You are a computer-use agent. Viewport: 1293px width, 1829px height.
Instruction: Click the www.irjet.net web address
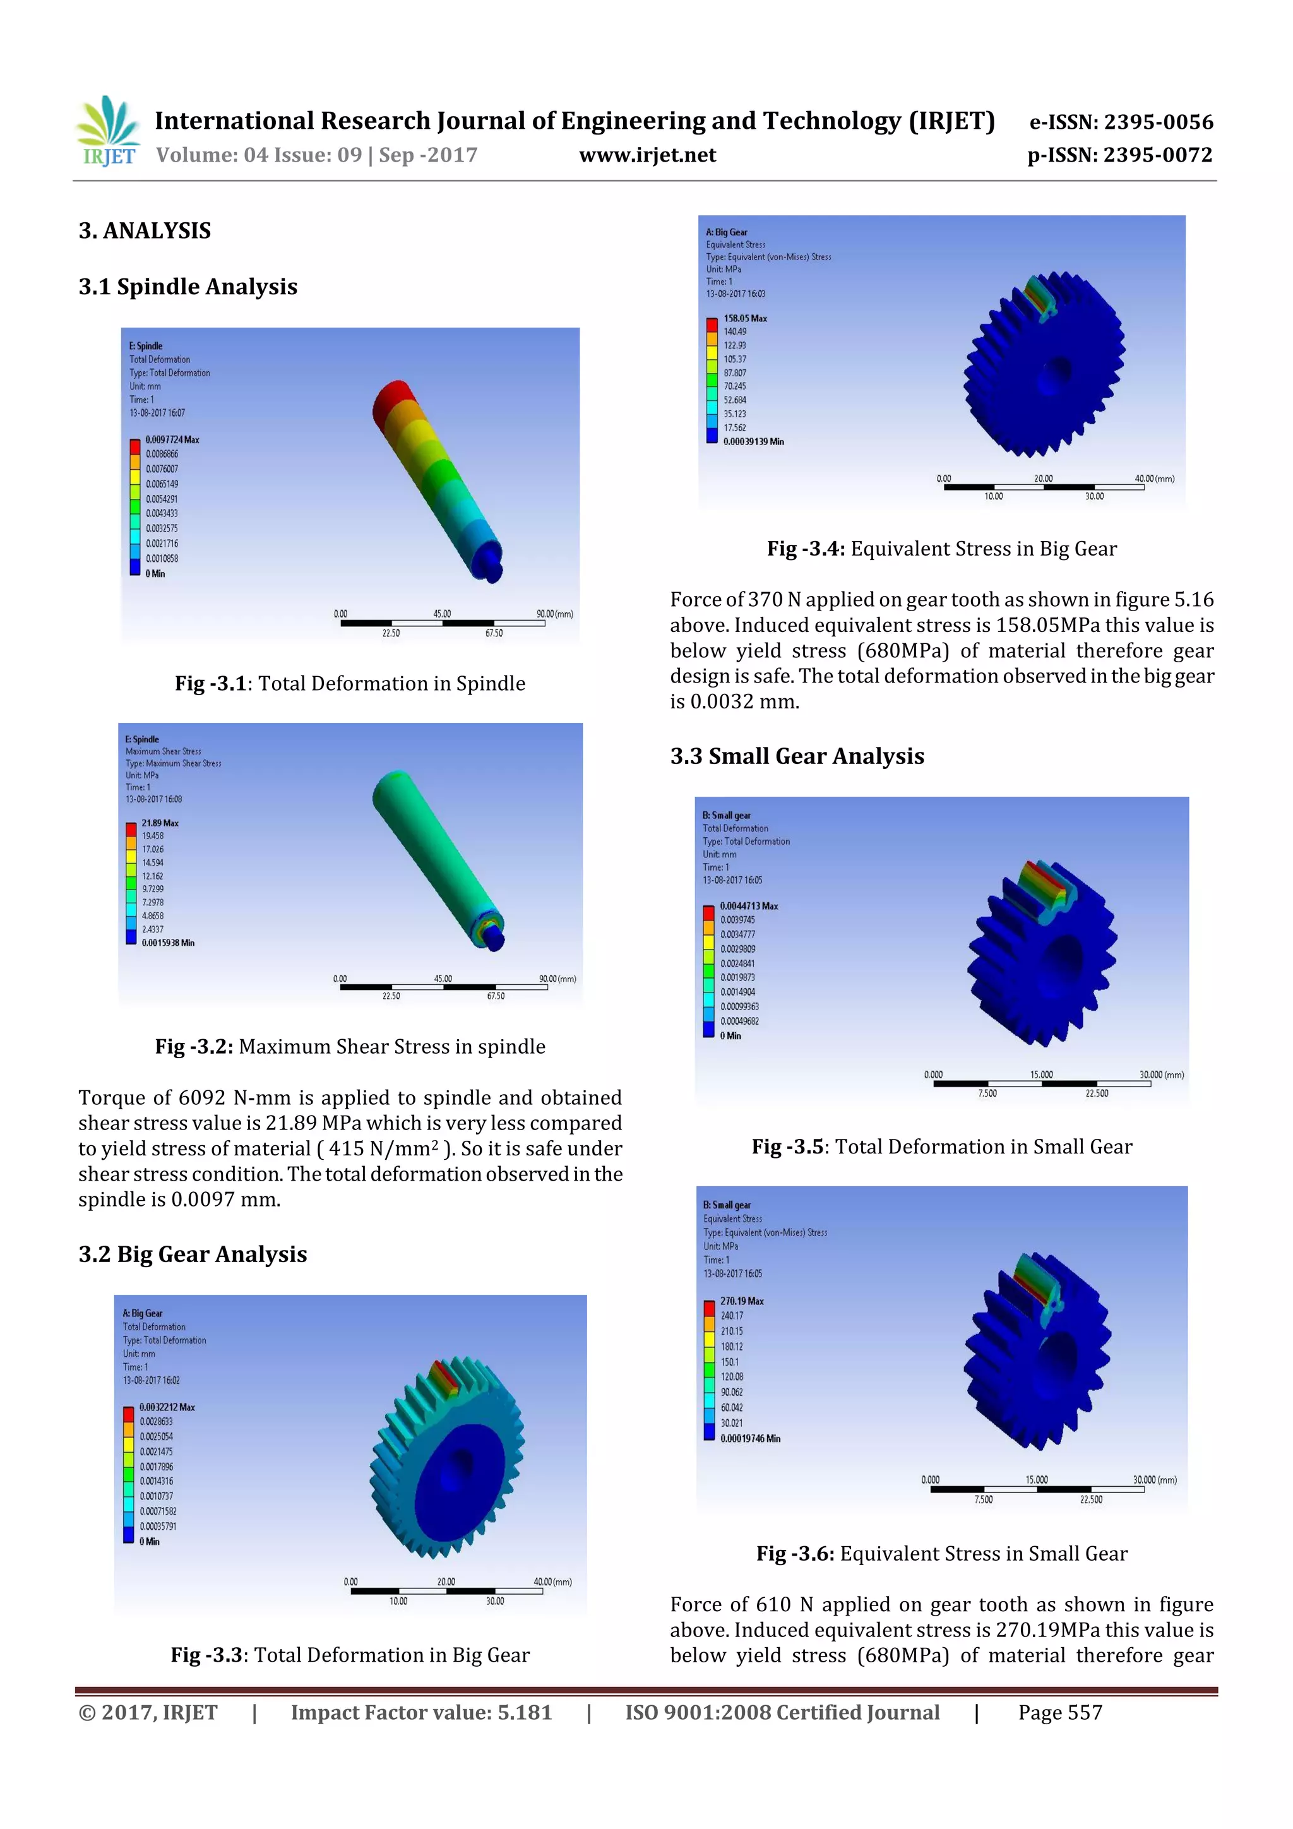(647, 155)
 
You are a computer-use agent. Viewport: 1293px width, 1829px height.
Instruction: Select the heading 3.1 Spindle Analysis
(188, 287)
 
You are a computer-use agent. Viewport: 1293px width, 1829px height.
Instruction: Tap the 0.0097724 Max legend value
(172, 439)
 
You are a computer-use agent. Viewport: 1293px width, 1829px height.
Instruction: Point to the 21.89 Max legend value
(160, 823)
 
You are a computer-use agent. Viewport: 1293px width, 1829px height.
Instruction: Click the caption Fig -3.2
(350, 1046)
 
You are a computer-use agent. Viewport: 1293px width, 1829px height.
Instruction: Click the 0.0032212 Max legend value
(167, 1408)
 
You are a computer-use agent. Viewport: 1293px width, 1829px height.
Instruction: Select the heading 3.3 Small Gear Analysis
(797, 756)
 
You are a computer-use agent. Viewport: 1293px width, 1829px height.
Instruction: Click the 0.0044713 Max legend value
(749, 907)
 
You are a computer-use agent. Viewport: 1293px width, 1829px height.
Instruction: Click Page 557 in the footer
(1059, 1713)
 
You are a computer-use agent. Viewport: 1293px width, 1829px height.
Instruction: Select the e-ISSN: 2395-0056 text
(1121, 122)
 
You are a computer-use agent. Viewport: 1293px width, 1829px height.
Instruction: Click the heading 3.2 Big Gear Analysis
(192, 1254)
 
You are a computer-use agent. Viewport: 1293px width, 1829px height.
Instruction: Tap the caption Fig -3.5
(942, 1147)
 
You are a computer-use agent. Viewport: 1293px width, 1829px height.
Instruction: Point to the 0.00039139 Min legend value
(753, 441)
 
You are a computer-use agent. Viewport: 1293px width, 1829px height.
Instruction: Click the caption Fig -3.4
(942, 549)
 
